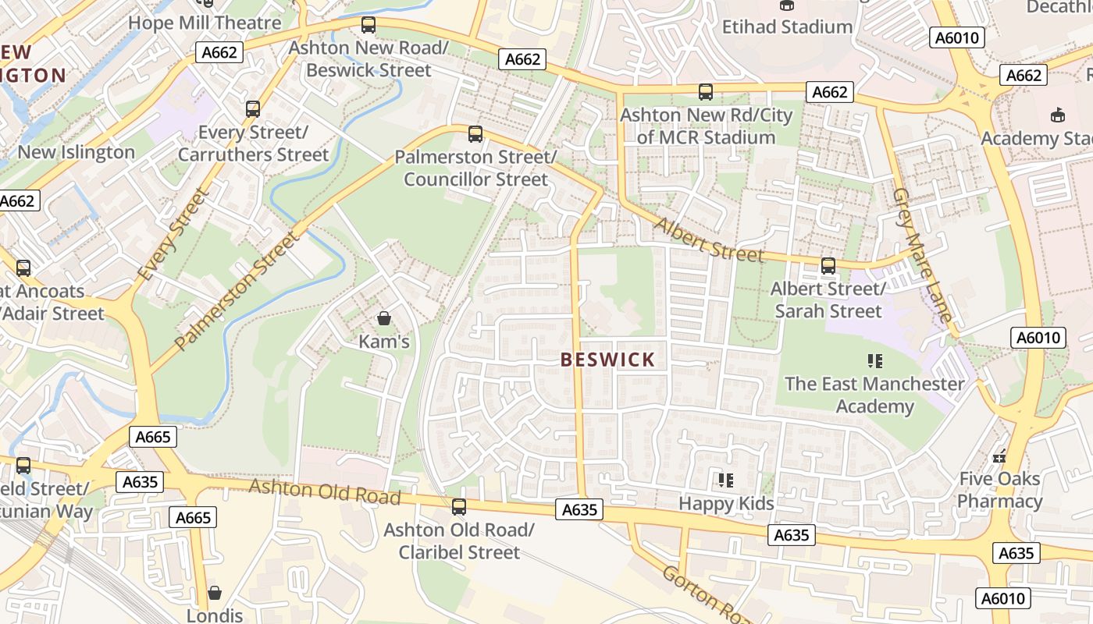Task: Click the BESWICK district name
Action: (x=607, y=360)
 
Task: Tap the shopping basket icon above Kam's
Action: (x=383, y=318)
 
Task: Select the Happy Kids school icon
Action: (x=726, y=480)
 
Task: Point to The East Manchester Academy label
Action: (x=874, y=395)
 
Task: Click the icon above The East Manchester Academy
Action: (x=874, y=360)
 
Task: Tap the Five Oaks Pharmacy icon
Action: (x=999, y=456)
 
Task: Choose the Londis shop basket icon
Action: (x=215, y=593)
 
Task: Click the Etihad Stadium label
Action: (x=787, y=27)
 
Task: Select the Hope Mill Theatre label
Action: (x=205, y=23)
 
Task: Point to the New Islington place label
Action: (x=76, y=152)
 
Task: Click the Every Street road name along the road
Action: (x=173, y=235)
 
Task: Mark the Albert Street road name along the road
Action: (x=708, y=241)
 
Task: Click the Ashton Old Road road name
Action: (x=325, y=492)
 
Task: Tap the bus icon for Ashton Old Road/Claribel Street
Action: (x=459, y=507)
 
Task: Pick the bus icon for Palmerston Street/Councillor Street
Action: (x=475, y=133)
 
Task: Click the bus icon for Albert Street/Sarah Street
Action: (x=828, y=266)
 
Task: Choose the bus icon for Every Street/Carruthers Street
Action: (x=253, y=109)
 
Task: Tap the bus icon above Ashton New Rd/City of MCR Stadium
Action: (x=706, y=92)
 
